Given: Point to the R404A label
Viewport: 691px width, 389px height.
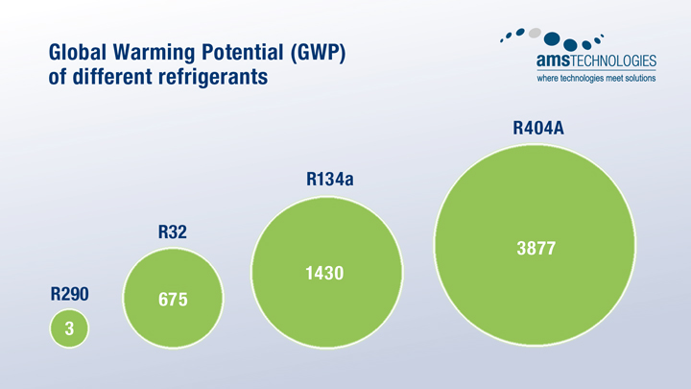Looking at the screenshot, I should (537, 127).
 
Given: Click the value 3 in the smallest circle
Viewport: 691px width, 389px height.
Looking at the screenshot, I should (69, 329).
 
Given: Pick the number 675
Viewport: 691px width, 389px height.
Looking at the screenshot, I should (173, 299).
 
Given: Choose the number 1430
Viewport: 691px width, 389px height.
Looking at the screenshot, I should (324, 274).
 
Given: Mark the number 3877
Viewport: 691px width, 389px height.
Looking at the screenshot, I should (536, 248).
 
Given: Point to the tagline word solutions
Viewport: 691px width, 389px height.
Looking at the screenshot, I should (637, 79).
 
